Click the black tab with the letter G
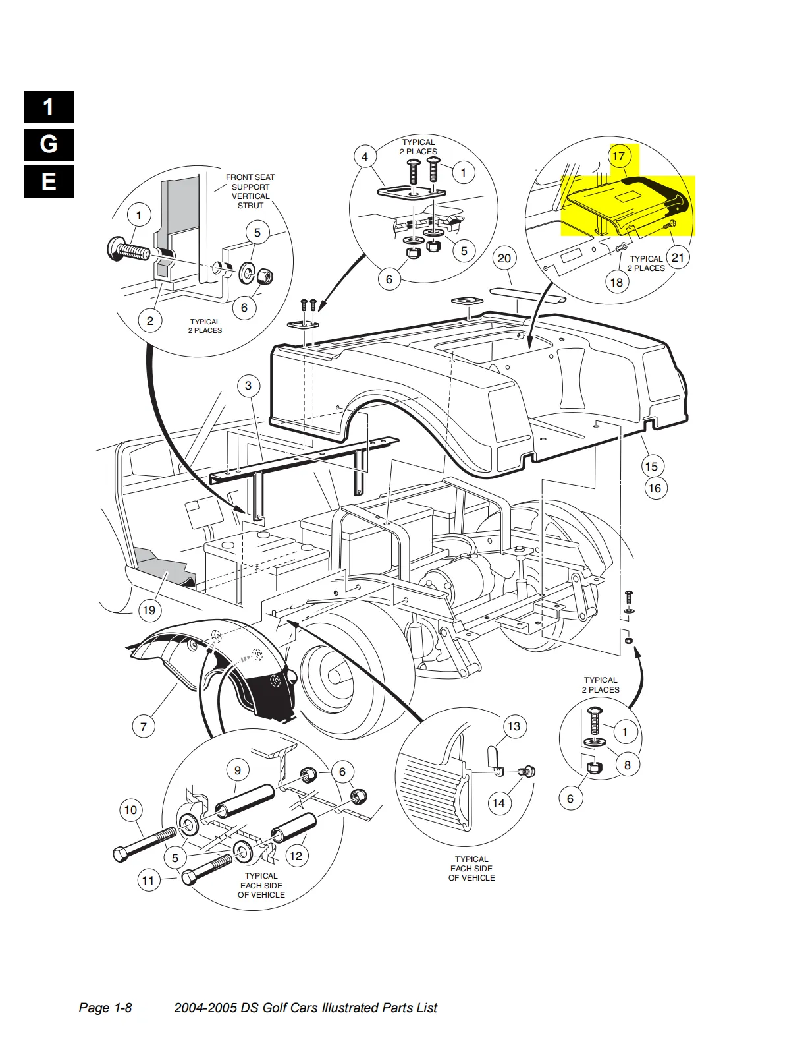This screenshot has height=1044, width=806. [x=49, y=144]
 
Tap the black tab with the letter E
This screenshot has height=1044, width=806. [x=49, y=182]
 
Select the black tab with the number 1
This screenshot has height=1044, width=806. [x=49, y=107]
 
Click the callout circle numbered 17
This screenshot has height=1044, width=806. [x=618, y=156]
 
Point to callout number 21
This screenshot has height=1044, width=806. [x=678, y=258]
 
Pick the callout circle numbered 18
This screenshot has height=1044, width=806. [x=616, y=282]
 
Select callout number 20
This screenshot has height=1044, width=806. [x=504, y=258]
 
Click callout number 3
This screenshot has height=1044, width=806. [x=248, y=386]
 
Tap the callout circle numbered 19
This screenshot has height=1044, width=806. [x=149, y=610]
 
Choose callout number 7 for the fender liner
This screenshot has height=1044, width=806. [x=144, y=726]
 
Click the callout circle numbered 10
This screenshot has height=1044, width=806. [x=130, y=811]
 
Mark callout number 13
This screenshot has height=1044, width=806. [x=514, y=726]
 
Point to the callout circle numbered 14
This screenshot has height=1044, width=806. [x=498, y=803]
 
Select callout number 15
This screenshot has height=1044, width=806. [x=651, y=467]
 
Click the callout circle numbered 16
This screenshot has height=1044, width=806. [x=655, y=488]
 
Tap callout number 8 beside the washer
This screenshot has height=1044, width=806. [x=628, y=765]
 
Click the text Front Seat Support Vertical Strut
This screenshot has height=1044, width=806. [x=250, y=191]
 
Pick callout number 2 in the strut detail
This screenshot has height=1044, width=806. [x=149, y=321]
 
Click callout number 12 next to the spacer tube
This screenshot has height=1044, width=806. [x=296, y=855]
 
